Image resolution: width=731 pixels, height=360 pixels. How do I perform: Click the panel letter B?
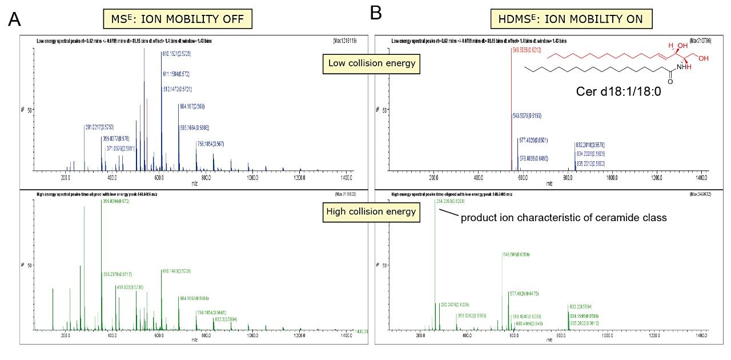point(376,13)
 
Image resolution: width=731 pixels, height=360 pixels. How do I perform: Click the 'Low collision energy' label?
point(370,63)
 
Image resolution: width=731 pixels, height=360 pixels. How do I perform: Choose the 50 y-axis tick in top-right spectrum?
point(381,109)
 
